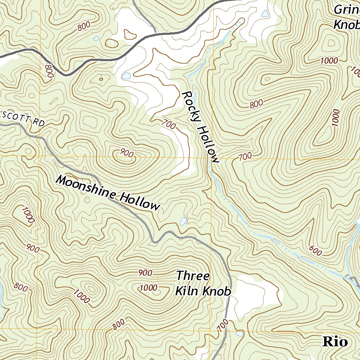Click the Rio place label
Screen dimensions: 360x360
(335, 342)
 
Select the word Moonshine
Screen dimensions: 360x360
(86, 189)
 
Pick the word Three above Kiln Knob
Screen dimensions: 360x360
(193, 276)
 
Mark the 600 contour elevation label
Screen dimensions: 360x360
(315, 250)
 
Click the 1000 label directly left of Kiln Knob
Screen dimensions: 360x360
(148, 288)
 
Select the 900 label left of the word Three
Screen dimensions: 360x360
(145, 272)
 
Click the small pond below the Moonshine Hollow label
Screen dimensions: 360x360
(183, 221)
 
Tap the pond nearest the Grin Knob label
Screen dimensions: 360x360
(265, 14)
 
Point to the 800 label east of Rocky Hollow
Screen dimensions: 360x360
(256, 104)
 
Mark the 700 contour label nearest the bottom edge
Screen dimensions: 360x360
(222, 326)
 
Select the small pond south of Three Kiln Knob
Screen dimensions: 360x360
(240, 333)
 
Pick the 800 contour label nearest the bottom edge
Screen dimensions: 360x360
(119, 324)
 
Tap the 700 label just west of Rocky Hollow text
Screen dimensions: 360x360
(169, 124)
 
